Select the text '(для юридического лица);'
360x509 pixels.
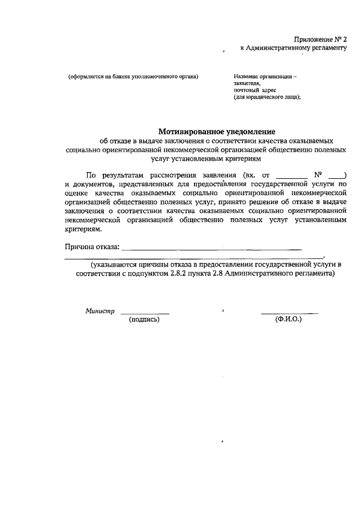(x=268, y=97)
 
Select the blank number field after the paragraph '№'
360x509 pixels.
(x=335, y=175)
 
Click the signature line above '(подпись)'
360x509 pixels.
(x=145, y=313)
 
